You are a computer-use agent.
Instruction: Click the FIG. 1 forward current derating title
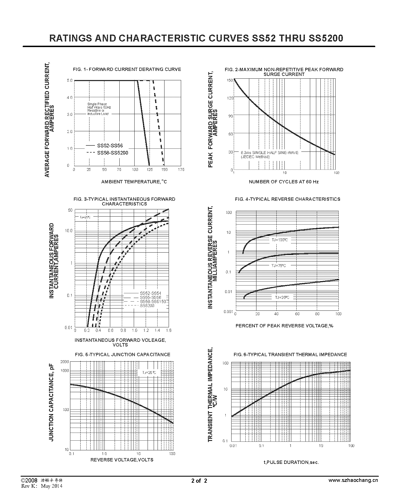(127, 69)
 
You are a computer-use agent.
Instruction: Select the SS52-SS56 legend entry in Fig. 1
(110, 146)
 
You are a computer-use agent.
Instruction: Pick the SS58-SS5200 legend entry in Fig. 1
(112, 153)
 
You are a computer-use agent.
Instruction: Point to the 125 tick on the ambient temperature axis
(149, 170)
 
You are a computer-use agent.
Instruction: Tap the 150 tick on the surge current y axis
(230, 80)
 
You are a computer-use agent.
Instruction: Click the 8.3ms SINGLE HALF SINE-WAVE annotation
(269, 153)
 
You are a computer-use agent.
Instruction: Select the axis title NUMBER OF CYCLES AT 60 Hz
(284, 182)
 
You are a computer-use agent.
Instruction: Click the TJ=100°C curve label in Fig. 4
(280, 240)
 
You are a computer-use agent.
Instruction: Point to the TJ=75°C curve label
(279, 266)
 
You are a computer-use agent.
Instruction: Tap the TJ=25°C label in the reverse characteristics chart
(282, 297)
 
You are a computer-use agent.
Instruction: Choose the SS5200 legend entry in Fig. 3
(147, 305)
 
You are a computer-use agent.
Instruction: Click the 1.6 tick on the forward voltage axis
(168, 330)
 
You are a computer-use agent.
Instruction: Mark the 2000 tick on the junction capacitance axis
(65, 362)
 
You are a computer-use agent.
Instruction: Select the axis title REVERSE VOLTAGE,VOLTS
(122, 460)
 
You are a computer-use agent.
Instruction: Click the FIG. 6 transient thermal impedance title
(290, 354)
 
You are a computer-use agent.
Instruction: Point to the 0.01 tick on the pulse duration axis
(233, 446)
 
